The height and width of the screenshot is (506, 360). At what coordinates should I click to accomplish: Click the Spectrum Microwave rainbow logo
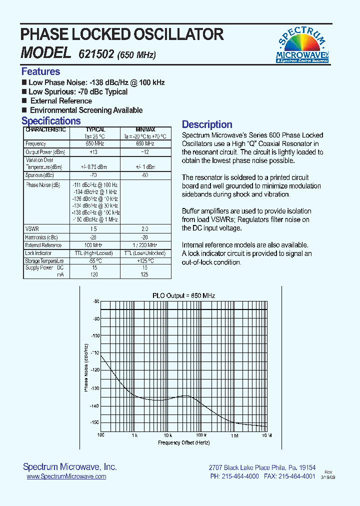tap(302, 45)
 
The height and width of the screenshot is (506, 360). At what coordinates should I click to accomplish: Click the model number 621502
tap(96, 54)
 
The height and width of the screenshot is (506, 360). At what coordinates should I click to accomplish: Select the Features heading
tap(40, 71)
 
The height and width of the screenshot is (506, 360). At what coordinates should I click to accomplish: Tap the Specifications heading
tap(51, 121)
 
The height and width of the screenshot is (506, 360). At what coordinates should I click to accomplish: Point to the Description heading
tap(206, 124)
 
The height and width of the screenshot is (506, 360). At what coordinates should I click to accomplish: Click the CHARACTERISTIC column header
tap(45, 129)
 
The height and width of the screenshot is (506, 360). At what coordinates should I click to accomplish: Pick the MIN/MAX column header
tap(145, 129)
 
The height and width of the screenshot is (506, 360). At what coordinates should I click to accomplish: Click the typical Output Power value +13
tap(93, 151)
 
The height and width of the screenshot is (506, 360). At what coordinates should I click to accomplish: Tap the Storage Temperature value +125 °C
tap(145, 261)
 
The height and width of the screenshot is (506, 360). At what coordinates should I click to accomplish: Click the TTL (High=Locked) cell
tap(93, 253)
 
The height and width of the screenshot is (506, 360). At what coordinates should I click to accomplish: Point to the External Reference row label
tap(43, 245)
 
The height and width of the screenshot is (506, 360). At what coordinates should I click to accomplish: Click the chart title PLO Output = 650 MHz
tap(183, 296)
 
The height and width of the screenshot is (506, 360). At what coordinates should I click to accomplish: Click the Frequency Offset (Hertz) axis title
tap(184, 443)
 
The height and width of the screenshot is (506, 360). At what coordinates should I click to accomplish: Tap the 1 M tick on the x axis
tap(234, 436)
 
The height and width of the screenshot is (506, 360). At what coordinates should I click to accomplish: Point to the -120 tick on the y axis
tap(94, 370)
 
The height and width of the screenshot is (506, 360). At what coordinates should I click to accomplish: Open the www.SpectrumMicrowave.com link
tap(66, 476)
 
